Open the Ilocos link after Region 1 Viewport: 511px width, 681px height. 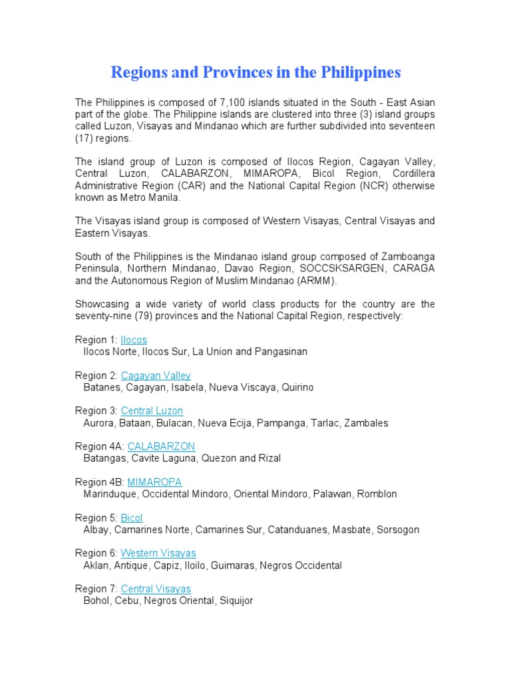pos(134,340)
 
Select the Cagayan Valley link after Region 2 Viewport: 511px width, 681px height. pos(156,376)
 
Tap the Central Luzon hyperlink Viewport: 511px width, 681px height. pos(152,411)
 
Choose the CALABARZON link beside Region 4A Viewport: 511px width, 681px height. pos(161,446)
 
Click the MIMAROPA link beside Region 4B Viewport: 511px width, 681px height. pos(154,482)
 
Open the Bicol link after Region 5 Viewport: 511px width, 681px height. pos(132,518)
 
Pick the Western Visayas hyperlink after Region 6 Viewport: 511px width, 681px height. pos(158,553)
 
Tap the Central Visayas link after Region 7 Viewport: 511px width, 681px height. pos(156,589)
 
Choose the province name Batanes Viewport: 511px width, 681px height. pos(101,387)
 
